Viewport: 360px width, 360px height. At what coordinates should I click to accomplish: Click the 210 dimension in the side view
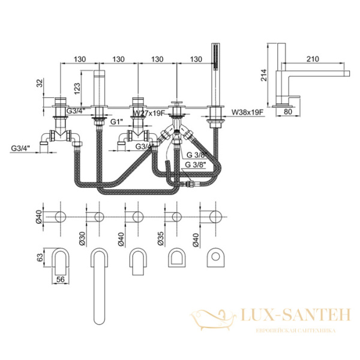coord(311,59)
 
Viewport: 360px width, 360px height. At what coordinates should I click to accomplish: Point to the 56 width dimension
coord(60,279)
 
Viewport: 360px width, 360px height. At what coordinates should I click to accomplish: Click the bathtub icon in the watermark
coord(210,317)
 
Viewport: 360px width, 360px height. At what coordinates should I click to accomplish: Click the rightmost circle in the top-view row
coord(214,216)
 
